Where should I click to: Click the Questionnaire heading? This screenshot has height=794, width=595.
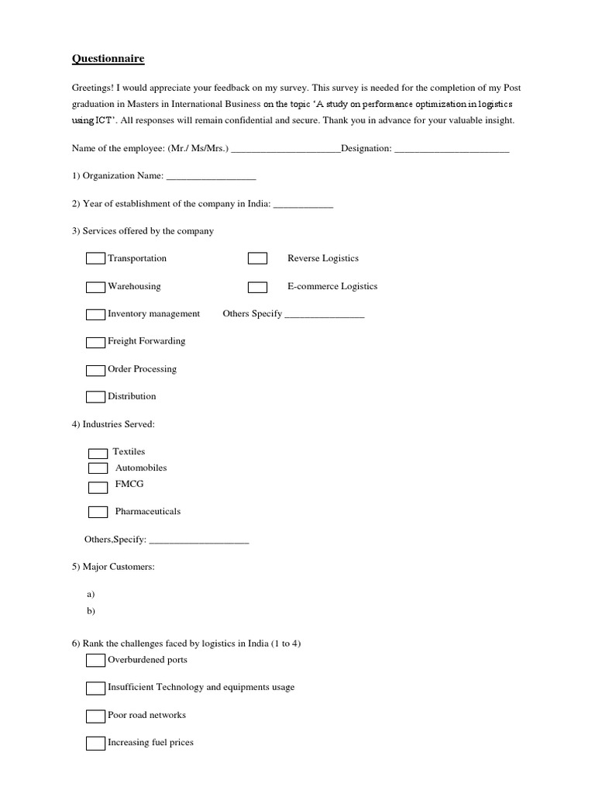[108, 59]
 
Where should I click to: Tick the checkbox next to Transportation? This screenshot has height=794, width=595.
[95, 258]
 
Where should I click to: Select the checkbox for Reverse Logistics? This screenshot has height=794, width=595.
[257, 258]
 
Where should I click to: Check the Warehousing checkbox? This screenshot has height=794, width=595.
[95, 287]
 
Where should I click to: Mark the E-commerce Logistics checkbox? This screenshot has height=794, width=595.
[257, 287]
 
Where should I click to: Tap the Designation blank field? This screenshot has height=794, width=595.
[452, 149]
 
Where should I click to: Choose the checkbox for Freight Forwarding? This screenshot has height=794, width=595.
[95, 342]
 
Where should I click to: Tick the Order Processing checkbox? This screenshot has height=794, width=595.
[95, 370]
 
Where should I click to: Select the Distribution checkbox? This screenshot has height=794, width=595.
[95, 397]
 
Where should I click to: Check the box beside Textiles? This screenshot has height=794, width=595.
[98, 453]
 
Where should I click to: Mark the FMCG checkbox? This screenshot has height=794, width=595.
[98, 488]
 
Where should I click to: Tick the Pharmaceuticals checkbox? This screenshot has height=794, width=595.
[98, 512]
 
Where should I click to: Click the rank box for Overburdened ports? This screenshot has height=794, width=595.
[95, 661]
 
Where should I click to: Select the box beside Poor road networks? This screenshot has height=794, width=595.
[95, 716]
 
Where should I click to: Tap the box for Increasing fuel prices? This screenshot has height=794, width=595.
[95, 744]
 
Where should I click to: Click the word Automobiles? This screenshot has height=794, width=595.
[141, 468]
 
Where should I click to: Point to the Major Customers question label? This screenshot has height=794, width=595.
[113, 567]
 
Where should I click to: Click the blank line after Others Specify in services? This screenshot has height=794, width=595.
[324, 315]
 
